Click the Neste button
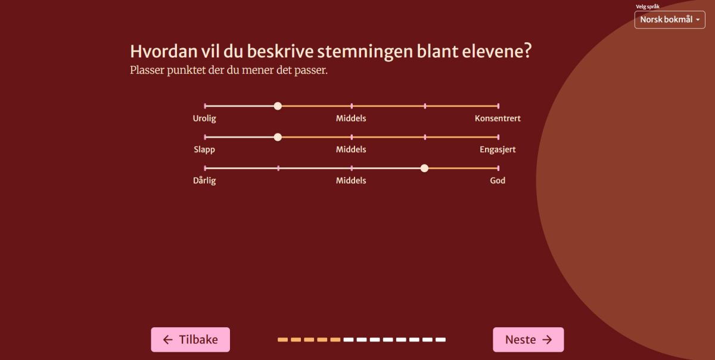click(529, 340)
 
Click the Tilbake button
click(190, 340)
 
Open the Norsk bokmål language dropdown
click(670, 20)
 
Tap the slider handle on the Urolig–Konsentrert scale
click(278, 106)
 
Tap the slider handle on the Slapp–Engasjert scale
click(278, 137)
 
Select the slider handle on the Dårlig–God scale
click(424, 168)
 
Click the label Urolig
click(204, 119)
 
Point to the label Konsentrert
click(498, 119)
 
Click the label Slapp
click(204, 150)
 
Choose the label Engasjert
click(498, 150)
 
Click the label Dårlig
click(204, 181)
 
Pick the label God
click(498, 181)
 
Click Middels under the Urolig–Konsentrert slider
click(351, 119)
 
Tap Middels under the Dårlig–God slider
click(351, 181)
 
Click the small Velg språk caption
click(647, 7)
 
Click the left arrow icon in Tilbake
click(168, 340)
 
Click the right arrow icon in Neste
click(547, 340)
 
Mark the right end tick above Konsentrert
click(498, 106)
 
